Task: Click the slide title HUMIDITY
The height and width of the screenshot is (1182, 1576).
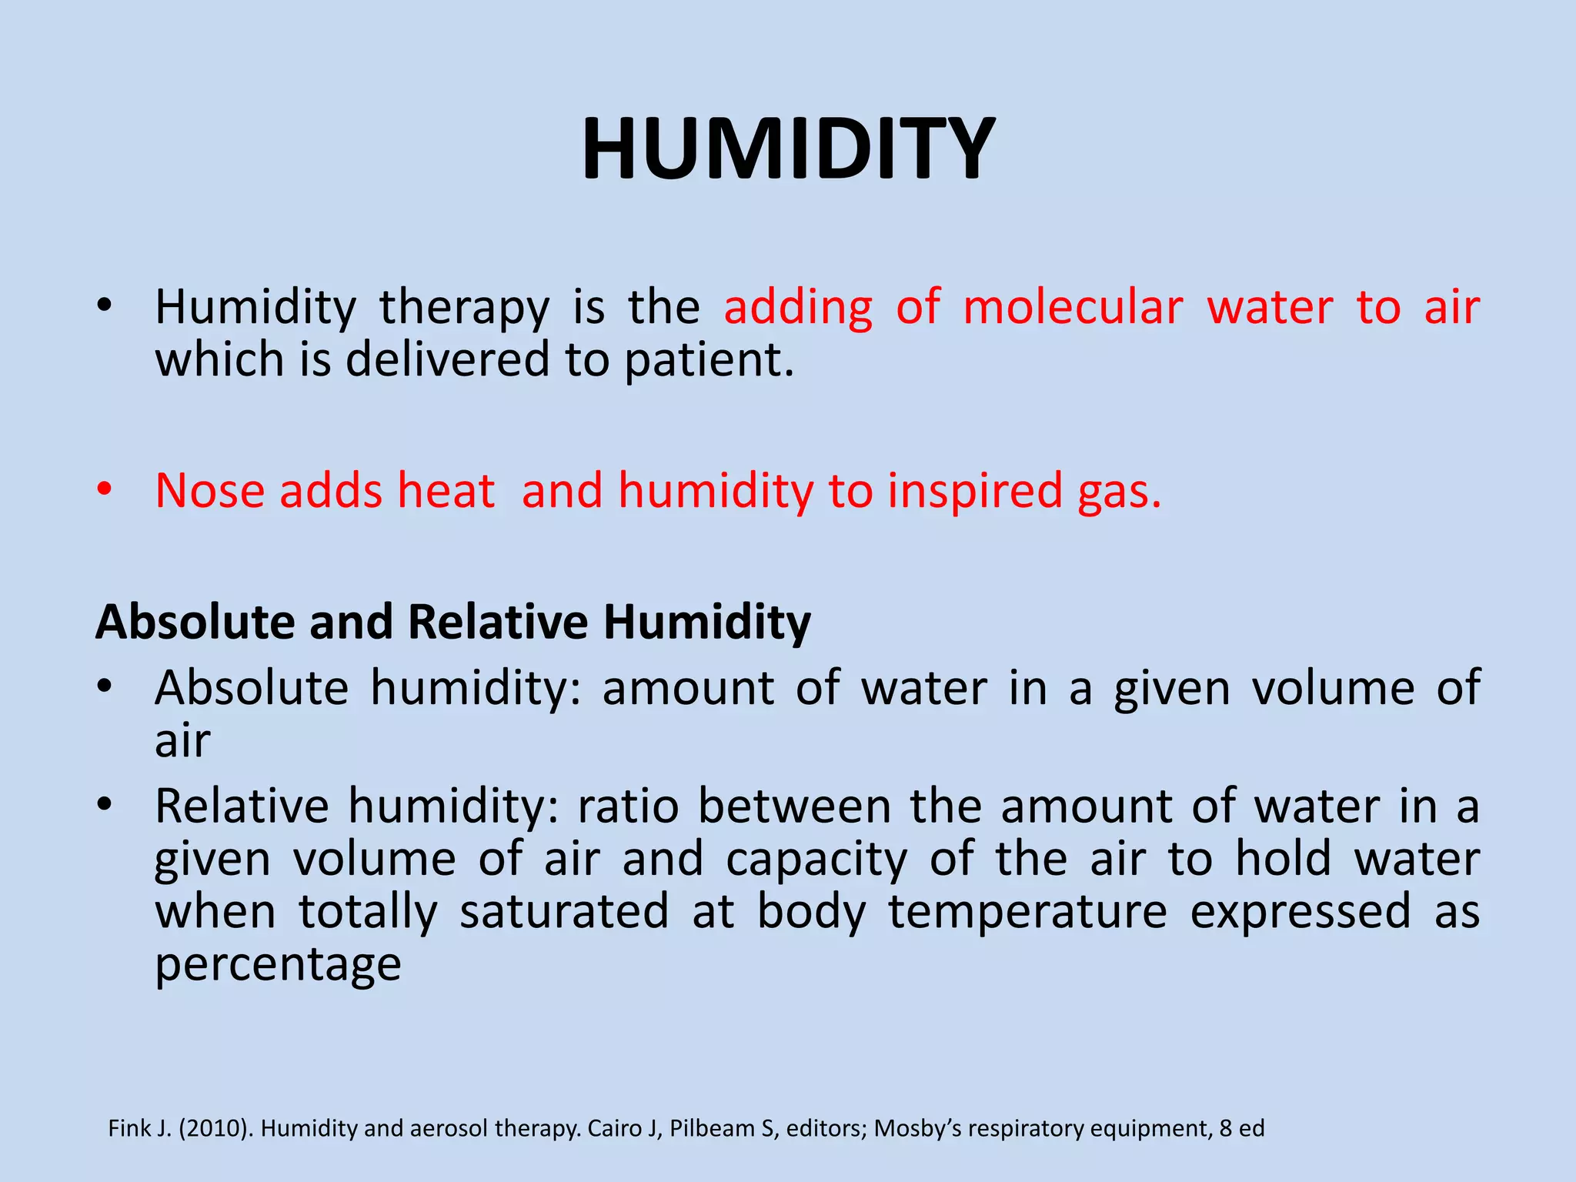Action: click(788, 148)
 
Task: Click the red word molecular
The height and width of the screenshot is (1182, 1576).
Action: click(1073, 308)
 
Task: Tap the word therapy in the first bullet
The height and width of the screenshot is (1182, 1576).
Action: click(464, 308)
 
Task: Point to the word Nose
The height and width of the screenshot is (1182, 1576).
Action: click(209, 490)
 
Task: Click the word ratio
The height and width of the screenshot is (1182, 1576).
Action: click(628, 806)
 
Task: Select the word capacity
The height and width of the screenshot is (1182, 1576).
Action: click(816, 860)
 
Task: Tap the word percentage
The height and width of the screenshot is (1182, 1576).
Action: click(278, 964)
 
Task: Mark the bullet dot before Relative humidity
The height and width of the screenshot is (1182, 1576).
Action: click(105, 805)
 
